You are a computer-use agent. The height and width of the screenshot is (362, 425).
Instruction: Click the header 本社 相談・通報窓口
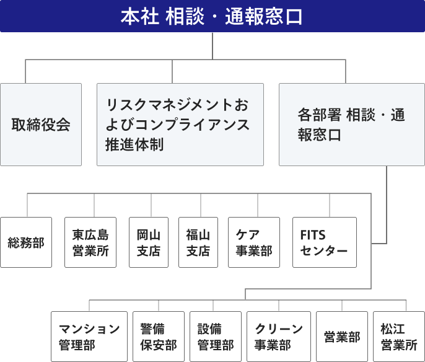tap(212, 15)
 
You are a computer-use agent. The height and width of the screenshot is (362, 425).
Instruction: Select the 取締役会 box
tap(41, 124)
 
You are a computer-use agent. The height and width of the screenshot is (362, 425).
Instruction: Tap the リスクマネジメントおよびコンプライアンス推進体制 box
tap(180, 124)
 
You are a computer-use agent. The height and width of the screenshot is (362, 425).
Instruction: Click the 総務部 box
tap(26, 242)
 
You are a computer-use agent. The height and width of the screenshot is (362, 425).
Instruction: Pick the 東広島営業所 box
tap(90, 242)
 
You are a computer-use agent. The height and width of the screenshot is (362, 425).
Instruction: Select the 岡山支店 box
tap(149, 242)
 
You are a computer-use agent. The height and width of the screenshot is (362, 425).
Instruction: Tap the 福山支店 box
tap(198, 242)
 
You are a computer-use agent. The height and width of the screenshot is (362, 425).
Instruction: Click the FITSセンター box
tap(324, 242)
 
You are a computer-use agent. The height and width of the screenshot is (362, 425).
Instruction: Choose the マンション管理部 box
tap(89, 337)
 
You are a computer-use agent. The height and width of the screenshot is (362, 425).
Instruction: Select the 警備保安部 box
tap(159, 337)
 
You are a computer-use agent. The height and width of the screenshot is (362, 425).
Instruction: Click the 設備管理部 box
tap(215, 337)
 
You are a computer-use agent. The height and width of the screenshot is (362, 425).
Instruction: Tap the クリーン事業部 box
tap(278, 337)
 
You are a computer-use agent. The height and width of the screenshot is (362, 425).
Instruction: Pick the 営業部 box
tap(342, 337)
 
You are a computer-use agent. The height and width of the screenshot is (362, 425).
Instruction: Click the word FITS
tap(312, 235)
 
